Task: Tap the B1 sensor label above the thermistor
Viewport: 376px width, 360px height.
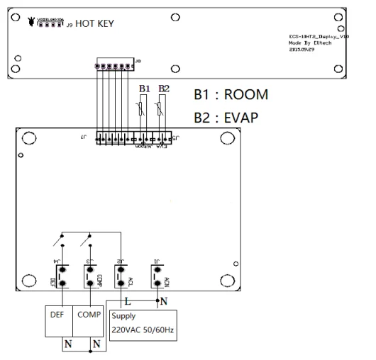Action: pyautogui.click(x=145, y=89)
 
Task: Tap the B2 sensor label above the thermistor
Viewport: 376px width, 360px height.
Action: pyautogui.click(x=165, y=89)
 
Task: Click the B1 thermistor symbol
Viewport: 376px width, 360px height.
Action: pyautogui.click(x=144, y=108)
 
